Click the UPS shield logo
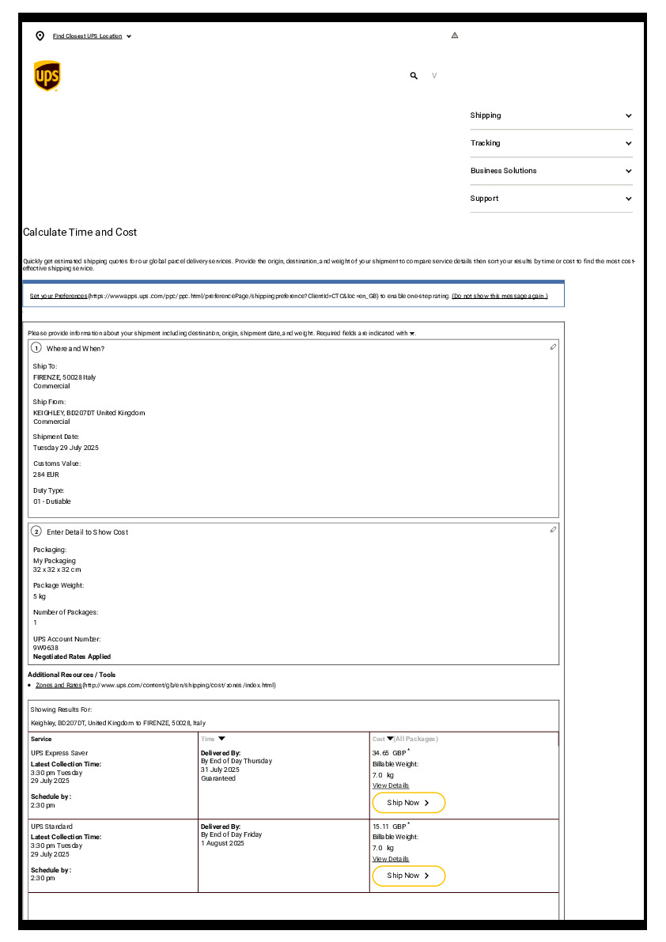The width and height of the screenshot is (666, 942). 47,76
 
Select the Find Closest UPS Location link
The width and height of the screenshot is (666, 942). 87,36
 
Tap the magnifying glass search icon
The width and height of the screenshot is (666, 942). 414,76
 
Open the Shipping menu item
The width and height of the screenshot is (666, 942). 486,115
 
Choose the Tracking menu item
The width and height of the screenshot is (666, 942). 486,143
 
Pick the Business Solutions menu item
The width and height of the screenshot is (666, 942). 503,171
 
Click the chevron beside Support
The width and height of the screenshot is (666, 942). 629,199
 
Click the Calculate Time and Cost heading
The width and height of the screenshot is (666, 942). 80,233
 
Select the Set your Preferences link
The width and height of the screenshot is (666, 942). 59,296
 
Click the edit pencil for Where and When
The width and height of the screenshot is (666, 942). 553,347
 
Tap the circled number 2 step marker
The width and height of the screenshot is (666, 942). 36,532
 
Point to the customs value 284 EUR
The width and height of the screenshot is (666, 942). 46,475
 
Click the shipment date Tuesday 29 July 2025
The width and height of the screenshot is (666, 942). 66,448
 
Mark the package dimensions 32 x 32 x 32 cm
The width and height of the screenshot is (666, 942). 57,569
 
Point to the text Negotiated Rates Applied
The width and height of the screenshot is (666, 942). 72,656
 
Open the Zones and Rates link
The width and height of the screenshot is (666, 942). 59,685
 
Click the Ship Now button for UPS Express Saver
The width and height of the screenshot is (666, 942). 408,803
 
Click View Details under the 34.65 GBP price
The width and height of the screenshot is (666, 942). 391,785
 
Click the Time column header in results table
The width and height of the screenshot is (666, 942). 208,739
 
